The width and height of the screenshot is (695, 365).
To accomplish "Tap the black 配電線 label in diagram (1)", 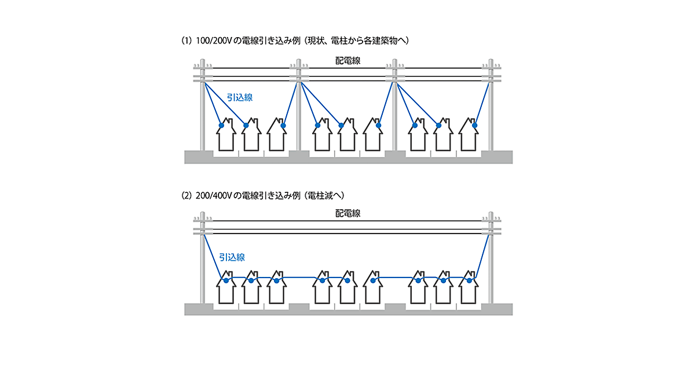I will pos(348,60).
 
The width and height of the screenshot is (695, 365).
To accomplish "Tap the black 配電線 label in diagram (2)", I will pos(348,214).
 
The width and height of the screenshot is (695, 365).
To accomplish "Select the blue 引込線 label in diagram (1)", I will pos(239,98).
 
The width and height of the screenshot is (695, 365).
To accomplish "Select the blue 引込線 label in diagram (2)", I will pos(232,256).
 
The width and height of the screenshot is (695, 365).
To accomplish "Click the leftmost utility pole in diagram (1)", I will pos(203,110).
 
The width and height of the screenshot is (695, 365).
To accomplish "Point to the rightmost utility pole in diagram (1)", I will pos(491,110).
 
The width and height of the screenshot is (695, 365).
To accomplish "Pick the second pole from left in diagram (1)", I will pos(299,110).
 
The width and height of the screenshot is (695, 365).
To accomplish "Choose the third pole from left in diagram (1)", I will pos(396,110).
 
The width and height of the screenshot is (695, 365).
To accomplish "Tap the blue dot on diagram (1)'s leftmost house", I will pos(221,126).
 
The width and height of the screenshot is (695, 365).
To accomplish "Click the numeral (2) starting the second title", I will pos(186,196).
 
